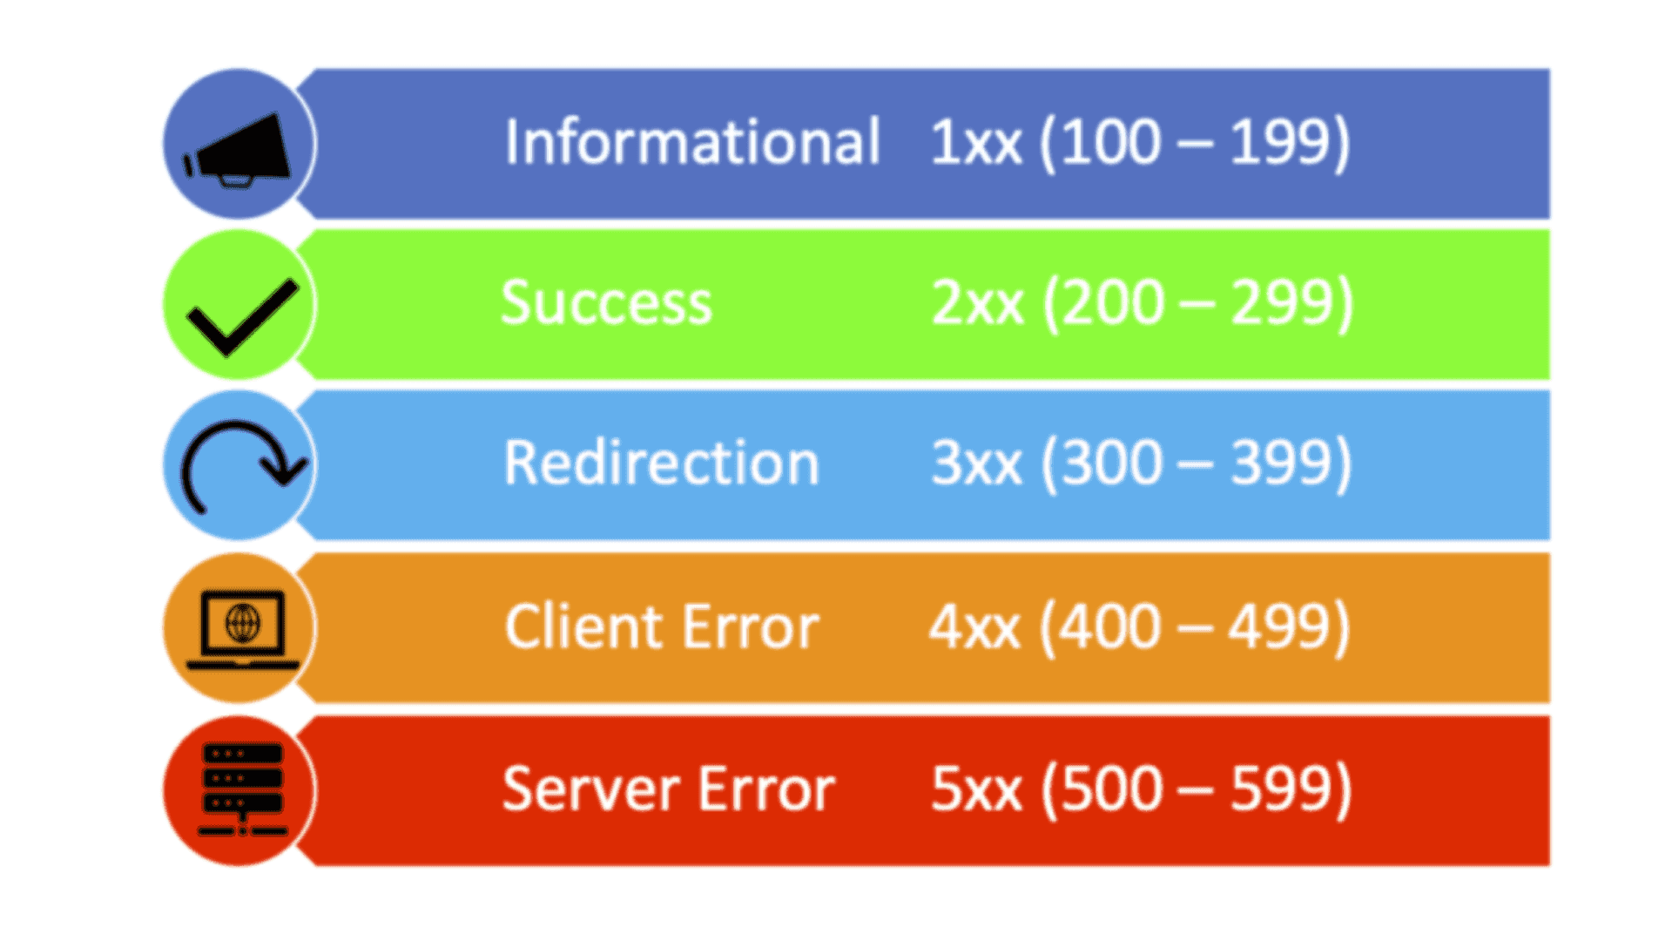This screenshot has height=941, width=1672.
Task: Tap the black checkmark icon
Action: (241, 315)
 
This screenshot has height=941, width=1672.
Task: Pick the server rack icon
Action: (242, 789)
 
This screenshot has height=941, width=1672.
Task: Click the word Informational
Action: (692, 141)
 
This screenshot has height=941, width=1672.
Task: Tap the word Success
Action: (606, 303)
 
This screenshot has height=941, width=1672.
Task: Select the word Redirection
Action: (661, 463)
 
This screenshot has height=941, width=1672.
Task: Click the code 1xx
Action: (975, 142)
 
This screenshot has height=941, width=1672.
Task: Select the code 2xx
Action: (977, 303)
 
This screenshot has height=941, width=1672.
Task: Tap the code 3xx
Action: (976, 463)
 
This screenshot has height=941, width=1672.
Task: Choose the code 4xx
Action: (974, 626)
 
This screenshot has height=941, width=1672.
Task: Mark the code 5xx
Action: (975, 789)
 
